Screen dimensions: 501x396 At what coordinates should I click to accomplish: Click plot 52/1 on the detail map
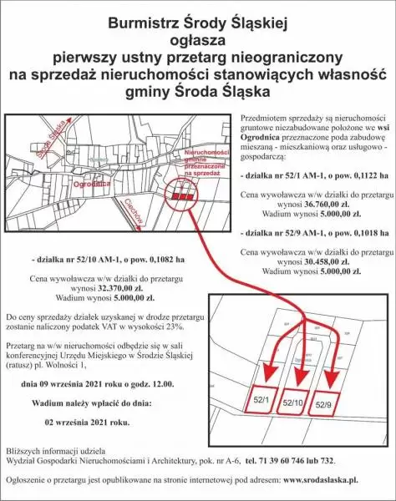click(x=261, y=402)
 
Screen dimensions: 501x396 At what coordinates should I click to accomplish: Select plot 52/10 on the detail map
click(x=293, y=402)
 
